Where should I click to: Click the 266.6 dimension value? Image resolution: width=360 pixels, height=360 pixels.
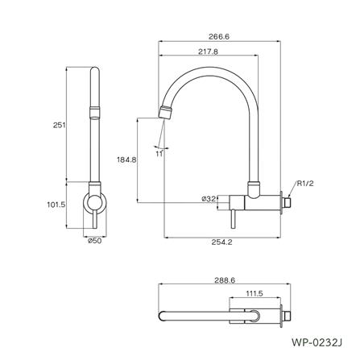[219, 36]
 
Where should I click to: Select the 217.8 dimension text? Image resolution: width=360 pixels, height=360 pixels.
[209, 51]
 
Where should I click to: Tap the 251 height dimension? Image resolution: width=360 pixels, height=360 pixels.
[59, 125]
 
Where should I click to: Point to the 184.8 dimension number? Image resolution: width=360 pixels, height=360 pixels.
[126, 160]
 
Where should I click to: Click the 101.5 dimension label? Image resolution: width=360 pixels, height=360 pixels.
[56, 205]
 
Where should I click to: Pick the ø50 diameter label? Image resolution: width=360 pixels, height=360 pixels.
[95, 241]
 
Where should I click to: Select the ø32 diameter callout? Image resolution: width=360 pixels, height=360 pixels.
[209, 199]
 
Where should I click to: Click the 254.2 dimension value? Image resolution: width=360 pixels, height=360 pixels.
[221, 242]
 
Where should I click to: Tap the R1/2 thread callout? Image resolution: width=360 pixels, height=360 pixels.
[305, 184]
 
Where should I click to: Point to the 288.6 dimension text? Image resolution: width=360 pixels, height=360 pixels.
[225, 280]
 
